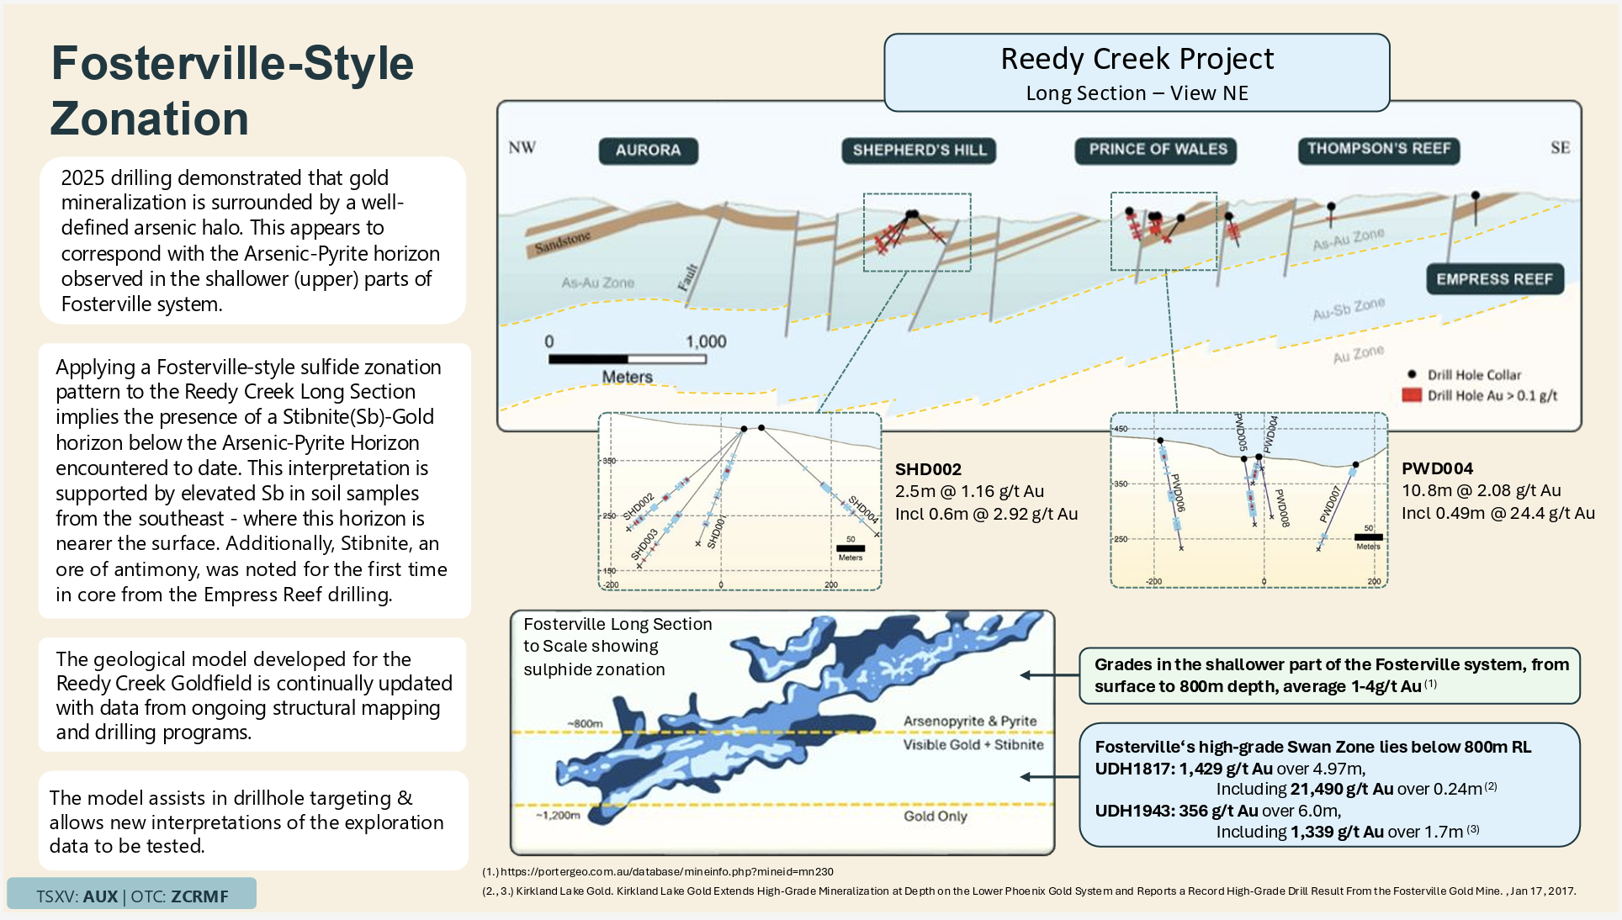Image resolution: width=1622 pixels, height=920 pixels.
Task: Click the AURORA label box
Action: (x=648, y=151)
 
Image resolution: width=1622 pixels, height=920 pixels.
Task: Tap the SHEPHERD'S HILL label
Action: (x=919, y=151)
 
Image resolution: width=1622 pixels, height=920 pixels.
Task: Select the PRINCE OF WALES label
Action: (x=1158, y=150)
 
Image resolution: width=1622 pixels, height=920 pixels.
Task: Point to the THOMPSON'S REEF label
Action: (x=1379, y=149)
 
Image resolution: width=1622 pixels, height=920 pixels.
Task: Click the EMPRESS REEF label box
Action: (x=1494, y=279)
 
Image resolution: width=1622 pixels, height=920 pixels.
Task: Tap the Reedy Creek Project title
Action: (x=1137, y=59)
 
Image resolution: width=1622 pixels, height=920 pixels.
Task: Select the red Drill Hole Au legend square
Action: (x=1412, y=395)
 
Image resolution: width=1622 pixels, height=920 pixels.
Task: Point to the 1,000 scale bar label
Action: (x=705, y=341)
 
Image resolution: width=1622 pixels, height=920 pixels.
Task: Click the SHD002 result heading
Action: (x=928, y=469)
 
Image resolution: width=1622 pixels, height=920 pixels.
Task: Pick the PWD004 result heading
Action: (x=1437, y=468)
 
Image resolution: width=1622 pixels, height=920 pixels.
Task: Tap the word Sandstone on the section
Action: (x=563, y=242)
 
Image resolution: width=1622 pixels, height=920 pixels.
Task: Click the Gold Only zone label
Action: (x=936, y=816)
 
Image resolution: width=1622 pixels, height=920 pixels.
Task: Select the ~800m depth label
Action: (x=585, y=723)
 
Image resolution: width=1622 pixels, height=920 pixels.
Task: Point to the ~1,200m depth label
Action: (x=558, y=815)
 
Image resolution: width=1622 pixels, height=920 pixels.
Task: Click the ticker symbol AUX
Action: (x=100, y=896)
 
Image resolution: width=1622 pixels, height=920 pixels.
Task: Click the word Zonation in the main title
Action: (x=150, y=119)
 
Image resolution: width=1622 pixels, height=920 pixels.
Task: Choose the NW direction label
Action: (x=522, y=148)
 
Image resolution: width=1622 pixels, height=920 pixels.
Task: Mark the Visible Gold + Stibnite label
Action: (x=973, y=744)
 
